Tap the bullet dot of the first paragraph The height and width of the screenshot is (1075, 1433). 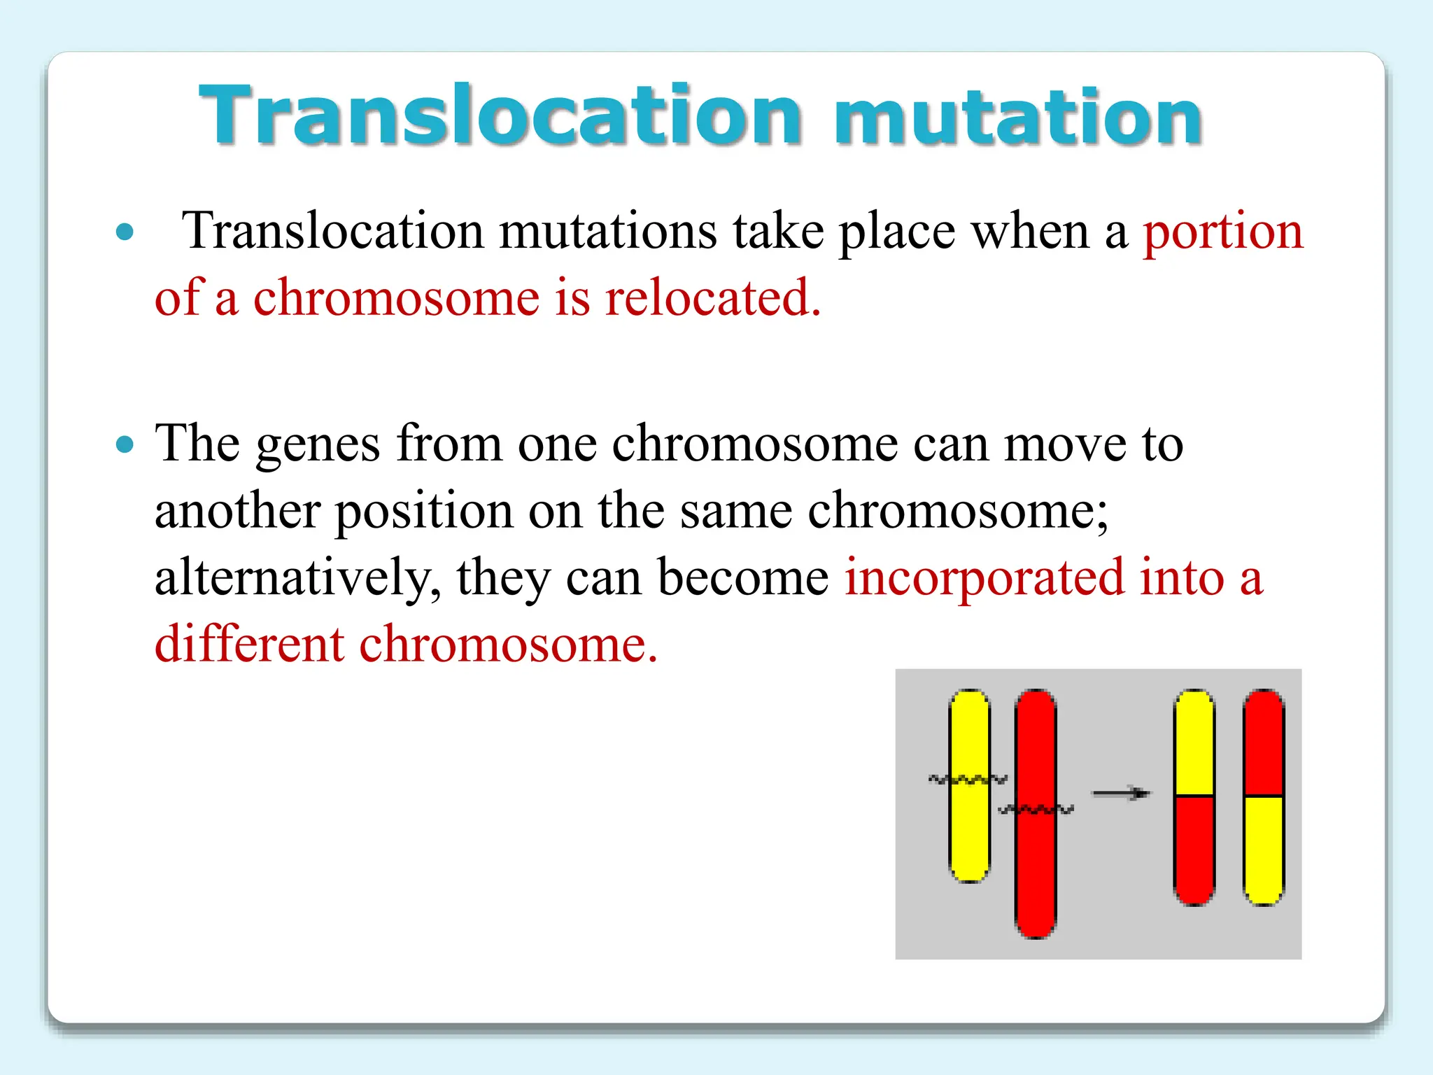[125, 232]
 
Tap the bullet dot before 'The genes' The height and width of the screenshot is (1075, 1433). [125, 444]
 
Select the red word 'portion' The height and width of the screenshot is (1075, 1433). [1223, 232]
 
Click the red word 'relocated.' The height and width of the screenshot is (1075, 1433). [712, 298]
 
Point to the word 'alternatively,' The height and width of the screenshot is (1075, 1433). [297, 578]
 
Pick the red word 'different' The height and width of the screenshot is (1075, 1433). [249, 644]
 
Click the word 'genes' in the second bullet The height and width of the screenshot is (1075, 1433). [318, 445]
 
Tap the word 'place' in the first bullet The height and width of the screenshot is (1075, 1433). [897, 232]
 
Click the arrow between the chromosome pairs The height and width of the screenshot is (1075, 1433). [1121, 793]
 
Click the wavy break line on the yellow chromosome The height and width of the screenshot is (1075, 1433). [968, 779]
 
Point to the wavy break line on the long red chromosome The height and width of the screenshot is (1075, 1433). [1036, 810]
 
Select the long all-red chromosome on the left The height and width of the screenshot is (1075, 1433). [1036, 875]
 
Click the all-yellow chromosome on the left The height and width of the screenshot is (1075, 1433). [969, 833]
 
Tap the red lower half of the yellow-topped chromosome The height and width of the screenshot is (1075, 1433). [1194, 848]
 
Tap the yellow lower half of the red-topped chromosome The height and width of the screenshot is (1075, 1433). [1263, 848]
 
